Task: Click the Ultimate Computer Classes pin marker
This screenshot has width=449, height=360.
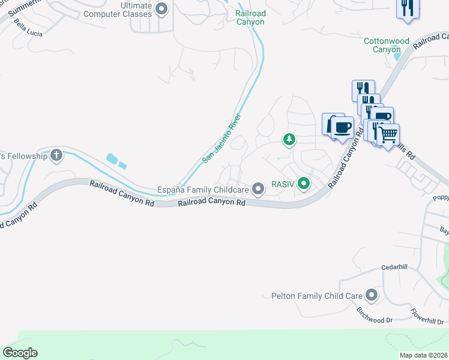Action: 161,8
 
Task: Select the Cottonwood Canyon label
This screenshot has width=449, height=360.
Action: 387,45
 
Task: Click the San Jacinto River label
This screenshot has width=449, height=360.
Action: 221,138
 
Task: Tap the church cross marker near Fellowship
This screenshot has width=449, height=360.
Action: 57,155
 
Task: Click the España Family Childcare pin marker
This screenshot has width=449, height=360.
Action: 259,189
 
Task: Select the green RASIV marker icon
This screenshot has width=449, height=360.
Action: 305,184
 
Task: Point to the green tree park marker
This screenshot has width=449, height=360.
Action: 289,139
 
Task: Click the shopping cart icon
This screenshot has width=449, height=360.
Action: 388,134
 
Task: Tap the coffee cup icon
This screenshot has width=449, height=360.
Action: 343,127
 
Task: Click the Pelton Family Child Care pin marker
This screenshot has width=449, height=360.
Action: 372,295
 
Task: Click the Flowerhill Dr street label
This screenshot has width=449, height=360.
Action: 427,314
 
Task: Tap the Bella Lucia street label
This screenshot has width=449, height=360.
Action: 28,30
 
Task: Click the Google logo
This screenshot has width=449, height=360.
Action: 20,353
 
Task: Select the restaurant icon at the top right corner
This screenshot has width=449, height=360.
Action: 407,8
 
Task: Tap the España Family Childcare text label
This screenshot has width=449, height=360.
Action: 203,190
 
